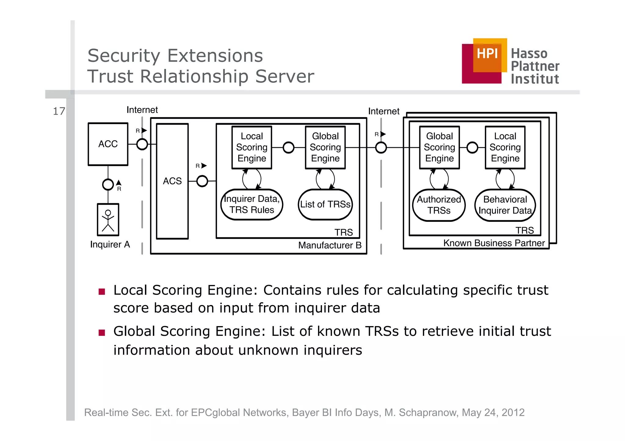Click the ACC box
click(108, 144)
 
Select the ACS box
click(172, 181)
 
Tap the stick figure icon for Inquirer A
click(108, 220)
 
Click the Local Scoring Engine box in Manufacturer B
click(252, 147)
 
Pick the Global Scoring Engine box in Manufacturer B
click(325, 147)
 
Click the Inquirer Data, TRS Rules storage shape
click(252, 204)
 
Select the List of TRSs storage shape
click(325, 204)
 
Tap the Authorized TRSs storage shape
click(439, 205)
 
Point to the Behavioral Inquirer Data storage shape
click(505, 205)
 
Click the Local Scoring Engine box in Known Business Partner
click(505, 147)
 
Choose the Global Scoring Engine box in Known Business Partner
click(439, 147)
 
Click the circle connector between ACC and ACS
click(142, 144)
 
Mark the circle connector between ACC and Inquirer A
click(108, 184)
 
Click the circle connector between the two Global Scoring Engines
click(381, 148)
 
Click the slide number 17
click(59, 111)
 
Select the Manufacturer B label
click(330, 245)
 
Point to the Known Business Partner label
click(494, 243)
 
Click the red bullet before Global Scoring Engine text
click(102, 333)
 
